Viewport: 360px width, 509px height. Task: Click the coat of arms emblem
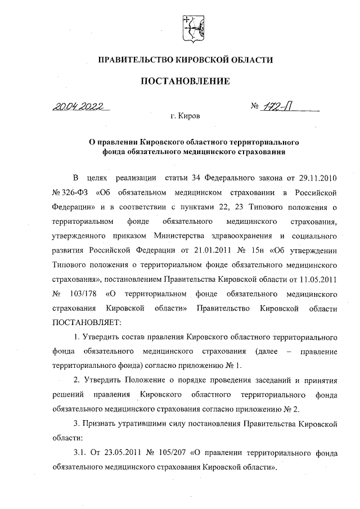click(192, 27)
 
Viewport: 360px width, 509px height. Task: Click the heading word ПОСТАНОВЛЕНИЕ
click(185, 81)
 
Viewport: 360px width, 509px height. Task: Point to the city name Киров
click(188, 116)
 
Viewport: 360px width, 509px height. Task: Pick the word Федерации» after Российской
click(72, 206)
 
